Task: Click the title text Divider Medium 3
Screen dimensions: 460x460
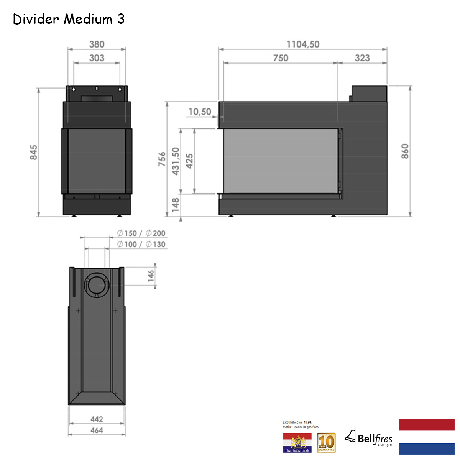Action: pyautogui.click(x=69, y=19)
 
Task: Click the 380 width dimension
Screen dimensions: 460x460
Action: pyautogui.click(x=97, y=44)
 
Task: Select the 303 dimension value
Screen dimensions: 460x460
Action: pyautogui.click(x=97, y=58)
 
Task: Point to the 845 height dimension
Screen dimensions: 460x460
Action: pyautogui.click(x=34, y=152)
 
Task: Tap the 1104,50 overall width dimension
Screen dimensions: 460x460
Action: pyautogui.click(x=303, y=44)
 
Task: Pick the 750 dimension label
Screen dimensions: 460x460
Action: pyautogui.click(x=281, y=58)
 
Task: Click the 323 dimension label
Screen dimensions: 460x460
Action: pyautogui.click(x=362, y=58)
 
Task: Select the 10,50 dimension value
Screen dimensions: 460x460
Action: pyautogui.click(x=200, y=112)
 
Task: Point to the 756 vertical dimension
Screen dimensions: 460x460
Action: pyautogui.click(x=162, y=159)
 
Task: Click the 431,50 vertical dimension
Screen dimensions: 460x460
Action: pyautogui.click(x=176, y=161)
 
